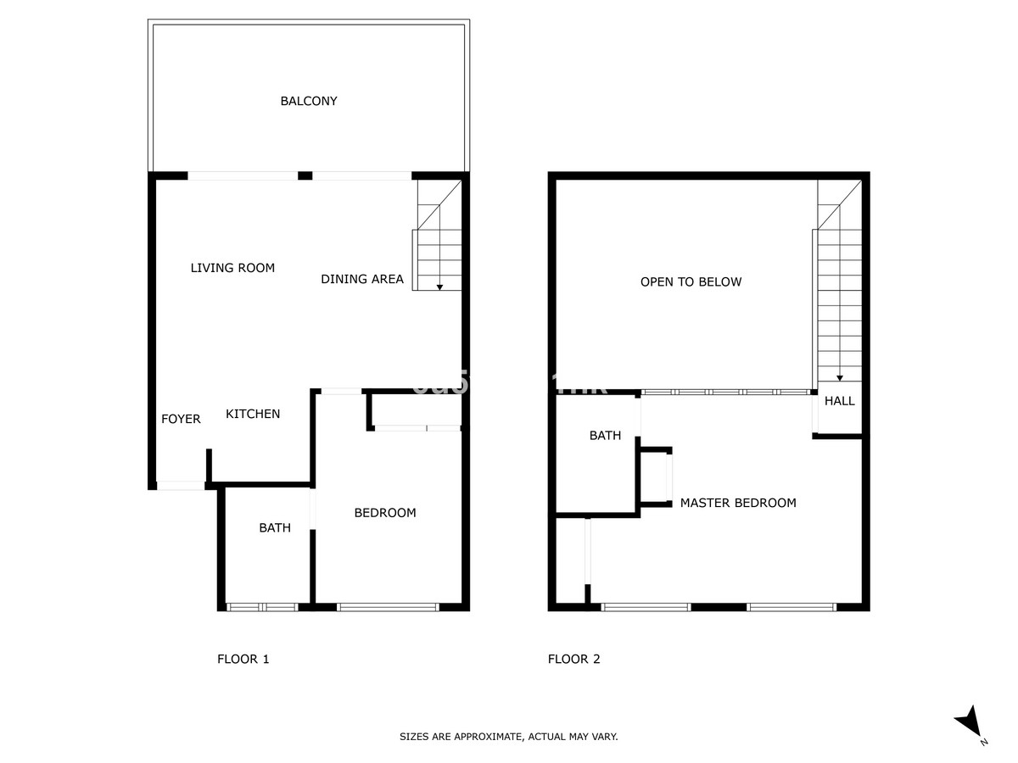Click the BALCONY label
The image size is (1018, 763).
click(x=309, y=101)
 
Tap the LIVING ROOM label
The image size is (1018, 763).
click(x=232, y=268)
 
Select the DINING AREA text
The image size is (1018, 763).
click(x=362, y=279)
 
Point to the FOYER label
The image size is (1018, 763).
click(x=181, y=419)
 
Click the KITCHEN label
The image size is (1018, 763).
click(x=253, y=414)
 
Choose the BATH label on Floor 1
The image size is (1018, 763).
click(x=275, y=527)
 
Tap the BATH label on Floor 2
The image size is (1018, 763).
click(x=605, y=436)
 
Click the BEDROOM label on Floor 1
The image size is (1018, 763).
click(x=385, y=512)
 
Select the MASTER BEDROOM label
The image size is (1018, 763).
click(x=738, y=503)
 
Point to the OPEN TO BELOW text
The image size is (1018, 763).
click(x=691, y=281)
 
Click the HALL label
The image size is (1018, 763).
click(x=840, y=401)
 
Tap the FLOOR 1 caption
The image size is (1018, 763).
click(x=243, y=659)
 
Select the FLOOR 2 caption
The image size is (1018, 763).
click(x=574, y=659)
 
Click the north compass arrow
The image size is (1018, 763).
click(x=969, y=723)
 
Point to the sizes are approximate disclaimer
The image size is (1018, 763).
click(x=509, y=737)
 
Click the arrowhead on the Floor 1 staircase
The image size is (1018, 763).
click(x=439, y=287)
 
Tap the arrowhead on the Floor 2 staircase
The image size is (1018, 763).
click(x=840, y=378)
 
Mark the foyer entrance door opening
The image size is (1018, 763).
click(x=181, y=486)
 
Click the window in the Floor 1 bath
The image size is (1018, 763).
click(x=262, y=607)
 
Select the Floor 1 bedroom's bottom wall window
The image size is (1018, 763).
click(x=388, y=607)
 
